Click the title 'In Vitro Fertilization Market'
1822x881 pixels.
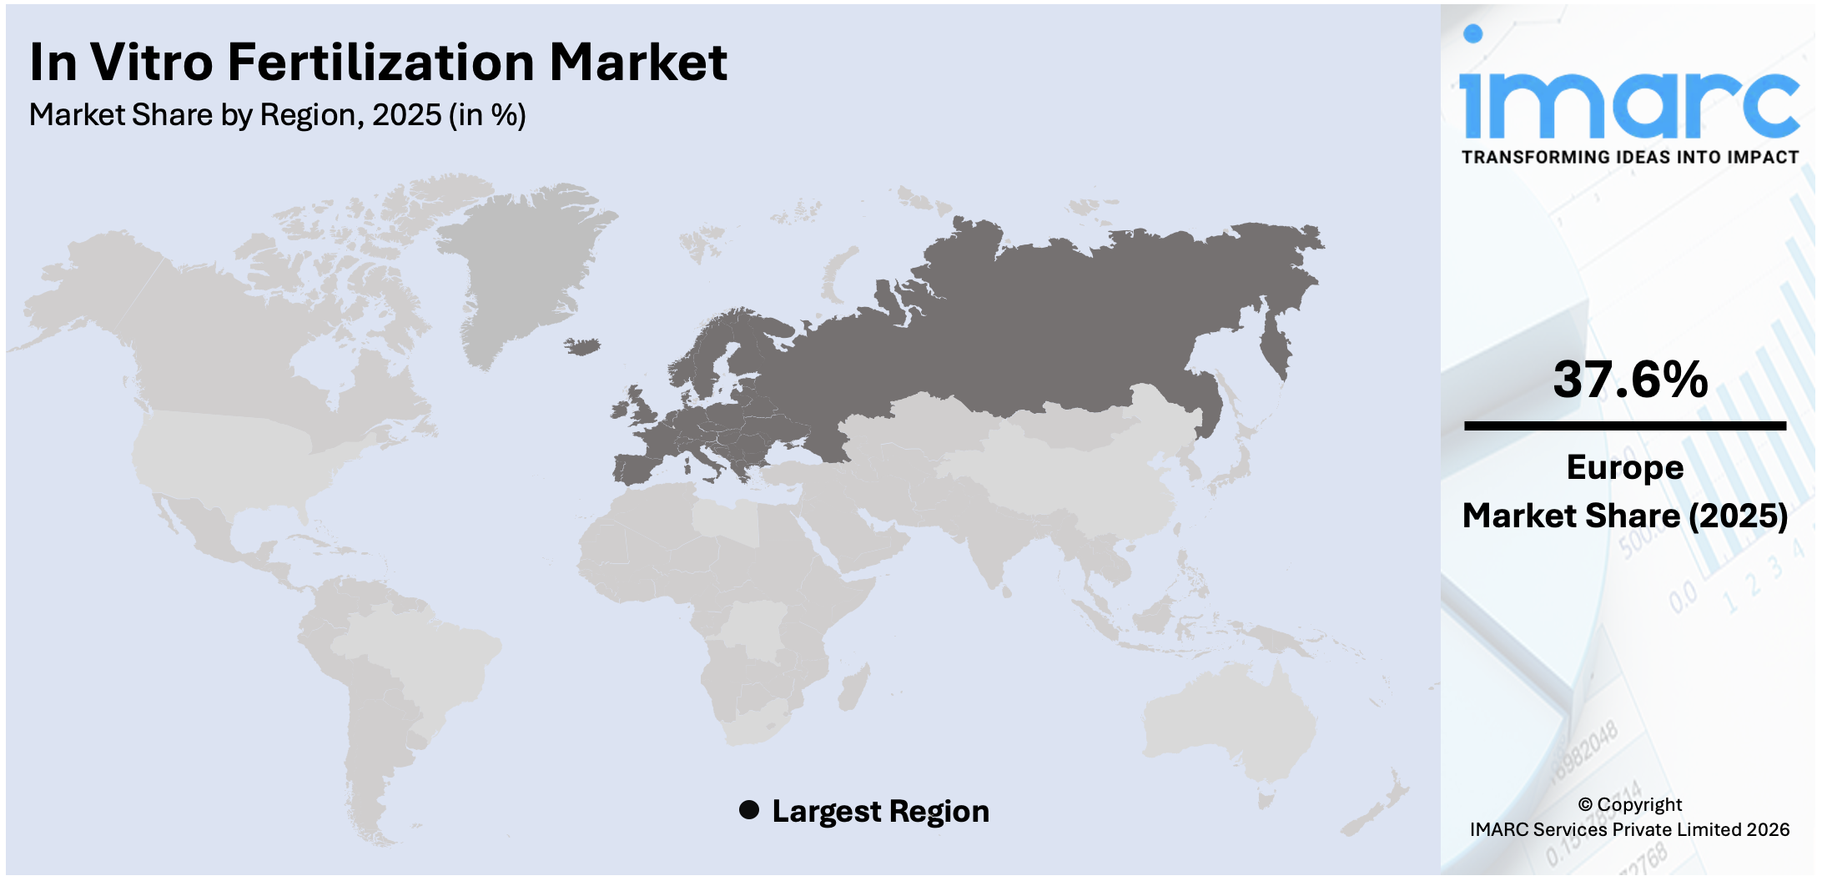[378, 62]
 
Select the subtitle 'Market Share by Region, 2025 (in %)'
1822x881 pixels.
[277, 115]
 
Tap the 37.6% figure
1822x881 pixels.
[1630, 380]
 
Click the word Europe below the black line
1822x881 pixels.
[1624, 467]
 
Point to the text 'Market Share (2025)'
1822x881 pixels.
[1624, 516]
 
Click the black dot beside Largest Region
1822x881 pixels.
[749, 810]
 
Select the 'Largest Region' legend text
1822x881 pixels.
[880, 811]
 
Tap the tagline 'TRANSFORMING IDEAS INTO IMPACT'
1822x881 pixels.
[1629, 158]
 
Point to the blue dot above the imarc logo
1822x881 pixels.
[1472, 33]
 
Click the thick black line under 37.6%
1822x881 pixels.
[1624, 426]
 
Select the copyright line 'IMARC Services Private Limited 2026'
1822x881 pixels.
[1629, 829]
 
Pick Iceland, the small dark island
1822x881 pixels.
[582, 345]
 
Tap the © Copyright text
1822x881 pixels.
[1629, 804]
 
